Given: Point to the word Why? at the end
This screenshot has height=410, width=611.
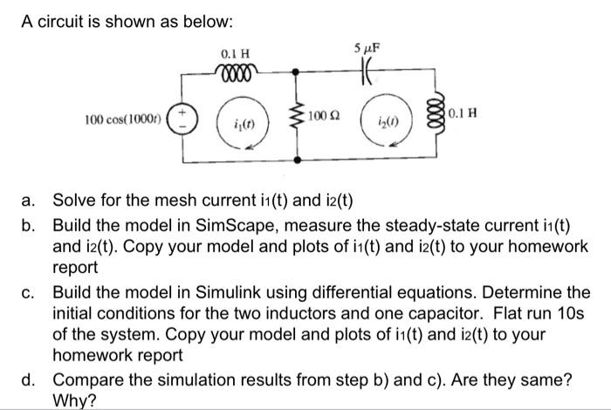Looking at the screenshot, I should pyautogui.click(x=73, y=400).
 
